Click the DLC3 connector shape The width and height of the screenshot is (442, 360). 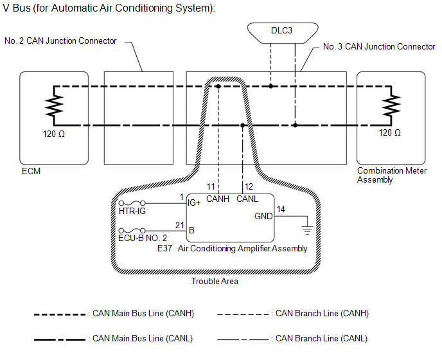[x=283, y=31]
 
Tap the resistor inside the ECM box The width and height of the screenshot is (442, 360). [x=54, y=105]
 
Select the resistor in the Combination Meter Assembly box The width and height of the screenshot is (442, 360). [x=390, y=105]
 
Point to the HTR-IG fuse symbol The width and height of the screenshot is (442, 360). [x=133, y=203]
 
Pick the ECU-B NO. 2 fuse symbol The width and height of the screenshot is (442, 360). [x=133, y=230]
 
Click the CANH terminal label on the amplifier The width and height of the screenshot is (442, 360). [x=218, y=199]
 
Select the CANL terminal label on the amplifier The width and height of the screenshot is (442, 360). [x=247, y=199]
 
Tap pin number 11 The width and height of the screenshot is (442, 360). [x=211, y=186]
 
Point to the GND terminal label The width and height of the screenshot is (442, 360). [x=263, y=216]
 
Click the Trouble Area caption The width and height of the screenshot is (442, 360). [x=215, y=281]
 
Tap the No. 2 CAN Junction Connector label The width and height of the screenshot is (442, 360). [x=60, y=41]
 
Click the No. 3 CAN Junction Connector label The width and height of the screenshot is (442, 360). [x=379, y=46]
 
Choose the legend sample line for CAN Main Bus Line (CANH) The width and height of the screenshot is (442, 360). [x=61, y=314]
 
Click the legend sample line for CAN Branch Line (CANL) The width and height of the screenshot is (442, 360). [x=244, y=338]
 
